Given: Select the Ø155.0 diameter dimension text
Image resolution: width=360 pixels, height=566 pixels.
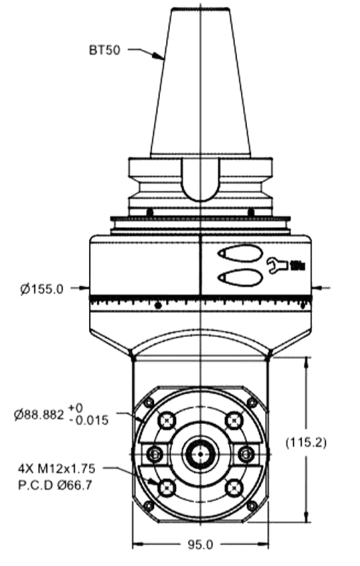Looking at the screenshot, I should coord(42,289).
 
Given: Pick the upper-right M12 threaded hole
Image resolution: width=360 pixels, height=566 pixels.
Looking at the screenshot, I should coord(234,420).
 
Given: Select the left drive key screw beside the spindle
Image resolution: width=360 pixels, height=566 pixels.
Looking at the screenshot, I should coord(155,453).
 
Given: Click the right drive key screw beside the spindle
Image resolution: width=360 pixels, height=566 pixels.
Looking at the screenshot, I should coord(246,453).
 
